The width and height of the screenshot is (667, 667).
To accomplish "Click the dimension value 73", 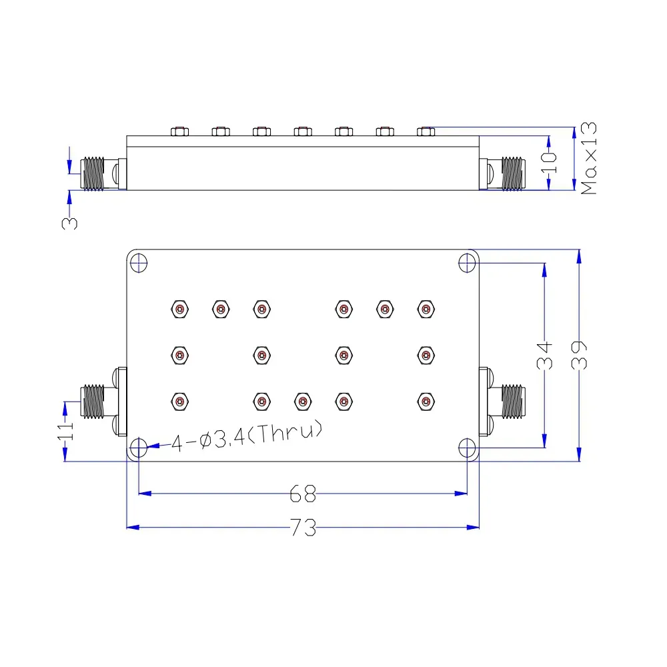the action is [303, 528].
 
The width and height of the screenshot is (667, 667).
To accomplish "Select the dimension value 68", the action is [303, 494].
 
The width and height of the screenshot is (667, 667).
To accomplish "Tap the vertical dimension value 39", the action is [579, 356].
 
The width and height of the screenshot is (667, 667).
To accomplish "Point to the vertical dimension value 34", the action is [544, 356].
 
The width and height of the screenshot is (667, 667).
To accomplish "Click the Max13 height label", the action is [589, 158].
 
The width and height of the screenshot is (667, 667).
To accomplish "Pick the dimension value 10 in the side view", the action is [549, 163].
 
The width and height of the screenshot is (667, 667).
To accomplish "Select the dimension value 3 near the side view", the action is [70, 223].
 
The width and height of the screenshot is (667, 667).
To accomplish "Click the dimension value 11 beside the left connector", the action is [65, 431].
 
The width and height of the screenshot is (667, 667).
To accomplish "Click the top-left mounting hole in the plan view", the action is [139, 263].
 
